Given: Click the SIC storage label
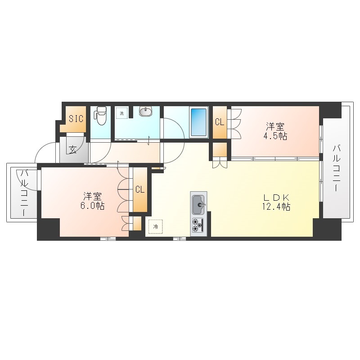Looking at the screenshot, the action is (76, 119).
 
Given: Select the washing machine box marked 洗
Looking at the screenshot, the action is (121, 113).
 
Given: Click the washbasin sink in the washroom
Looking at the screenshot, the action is (145, 112).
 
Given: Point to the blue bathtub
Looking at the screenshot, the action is (199, 122).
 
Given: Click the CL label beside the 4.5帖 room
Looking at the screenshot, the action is (220, 122).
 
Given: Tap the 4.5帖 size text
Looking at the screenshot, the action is (275, 136).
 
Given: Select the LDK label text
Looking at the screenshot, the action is (276, 197).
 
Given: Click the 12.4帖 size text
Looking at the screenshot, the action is (276, 207).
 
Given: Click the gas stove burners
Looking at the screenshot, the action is (198, 225).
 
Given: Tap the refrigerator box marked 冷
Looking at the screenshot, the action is (155, 227).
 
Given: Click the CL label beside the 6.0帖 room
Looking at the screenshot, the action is (140, 189).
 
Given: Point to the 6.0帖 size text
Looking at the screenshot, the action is (92, 206).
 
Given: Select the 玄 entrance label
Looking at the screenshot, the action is (72, 150).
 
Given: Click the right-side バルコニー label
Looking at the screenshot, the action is (337, 168).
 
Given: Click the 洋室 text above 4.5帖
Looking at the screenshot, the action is (275, 127).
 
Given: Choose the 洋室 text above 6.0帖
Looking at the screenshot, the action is (92, 196).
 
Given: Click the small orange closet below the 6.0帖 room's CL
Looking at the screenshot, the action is (137, 223).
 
